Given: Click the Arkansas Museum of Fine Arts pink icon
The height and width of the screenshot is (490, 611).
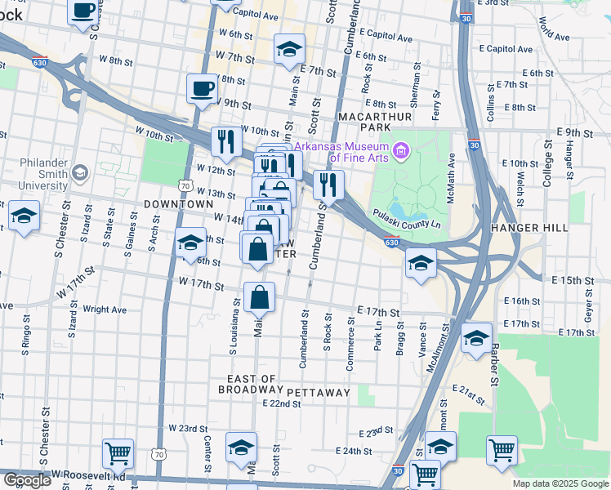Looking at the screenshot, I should (x=400, y=151).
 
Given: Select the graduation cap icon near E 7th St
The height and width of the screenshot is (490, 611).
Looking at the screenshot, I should (x=289, y=49).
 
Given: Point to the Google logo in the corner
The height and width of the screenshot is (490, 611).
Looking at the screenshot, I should (x=27, y=479).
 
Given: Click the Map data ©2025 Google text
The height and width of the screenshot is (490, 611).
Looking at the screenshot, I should (x=560, y=483).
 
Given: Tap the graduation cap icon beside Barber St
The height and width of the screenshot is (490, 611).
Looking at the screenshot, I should (x=475, y=340).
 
